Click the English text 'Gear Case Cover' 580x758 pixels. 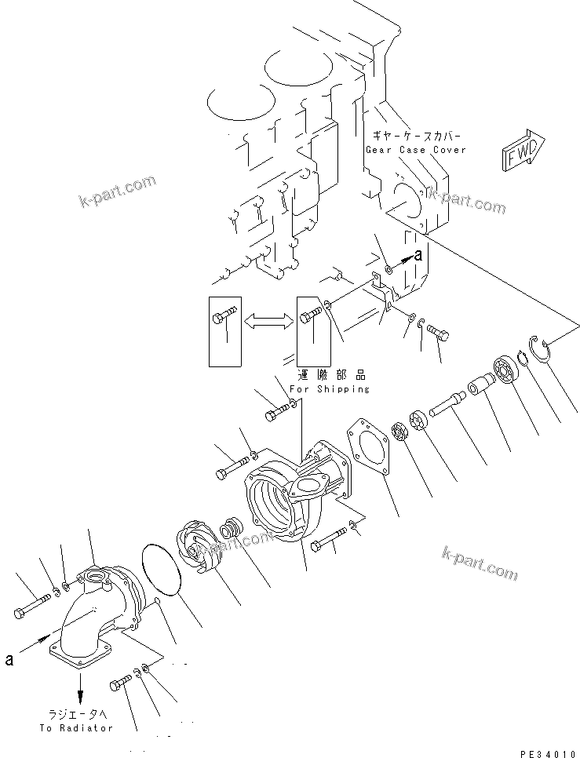[x=415, y=149]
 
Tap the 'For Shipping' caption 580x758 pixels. [x=329, y=389]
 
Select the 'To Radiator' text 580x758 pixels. [x=76, y=727]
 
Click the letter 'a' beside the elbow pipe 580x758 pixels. [x=9, y=661]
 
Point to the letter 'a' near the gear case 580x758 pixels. [x=418, y=254]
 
